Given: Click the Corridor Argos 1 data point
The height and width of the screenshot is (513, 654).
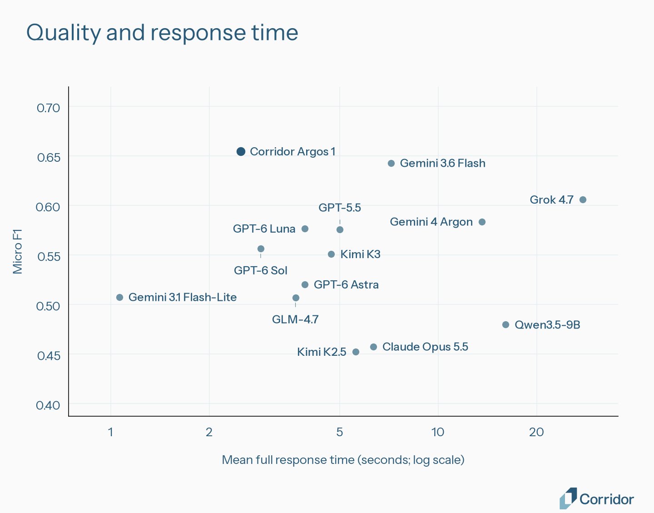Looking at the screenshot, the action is [x=241, y=151].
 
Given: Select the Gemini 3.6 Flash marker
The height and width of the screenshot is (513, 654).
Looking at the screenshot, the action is [x=391, y=164].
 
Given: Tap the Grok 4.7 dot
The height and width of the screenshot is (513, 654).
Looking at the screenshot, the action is [x=583, y=199].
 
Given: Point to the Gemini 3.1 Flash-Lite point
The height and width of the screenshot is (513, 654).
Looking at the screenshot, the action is [x=120, y=298].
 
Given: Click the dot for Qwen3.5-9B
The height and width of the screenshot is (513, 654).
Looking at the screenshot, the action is [x=506, y=325].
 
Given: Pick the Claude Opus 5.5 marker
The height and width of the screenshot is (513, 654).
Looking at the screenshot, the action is [x=373, y=347].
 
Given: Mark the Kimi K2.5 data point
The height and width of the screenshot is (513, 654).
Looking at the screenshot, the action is [x=356, y=352].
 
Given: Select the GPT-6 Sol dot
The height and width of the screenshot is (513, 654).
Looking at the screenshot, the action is [x=261, y=249].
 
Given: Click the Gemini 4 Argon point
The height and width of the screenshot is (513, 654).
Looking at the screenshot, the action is [x=482, y=222].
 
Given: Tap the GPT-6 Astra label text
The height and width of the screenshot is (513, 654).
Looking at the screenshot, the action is [x=346, y=284].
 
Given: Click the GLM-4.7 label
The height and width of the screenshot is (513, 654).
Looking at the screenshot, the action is [x=295, y=319].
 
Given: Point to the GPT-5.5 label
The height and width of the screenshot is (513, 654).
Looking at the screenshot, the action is [x=340, y=208].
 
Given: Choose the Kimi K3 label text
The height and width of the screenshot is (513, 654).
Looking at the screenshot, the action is [x=361, y=254].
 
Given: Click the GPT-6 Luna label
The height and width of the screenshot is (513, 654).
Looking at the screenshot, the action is [x=264, y=229].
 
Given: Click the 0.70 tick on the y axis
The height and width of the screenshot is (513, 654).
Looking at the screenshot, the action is [x=49, y=108].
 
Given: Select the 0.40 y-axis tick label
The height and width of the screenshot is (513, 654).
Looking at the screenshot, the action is [x=48, y=405].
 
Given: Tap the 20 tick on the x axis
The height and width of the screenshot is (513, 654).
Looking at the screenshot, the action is [x=537, y=432].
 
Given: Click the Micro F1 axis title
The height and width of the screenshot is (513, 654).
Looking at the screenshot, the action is [x=17, y=252].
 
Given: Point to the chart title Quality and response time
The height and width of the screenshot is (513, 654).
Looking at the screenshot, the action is [x=162, y=33].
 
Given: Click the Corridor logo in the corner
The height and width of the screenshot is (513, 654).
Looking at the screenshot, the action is [x=597, y=498].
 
